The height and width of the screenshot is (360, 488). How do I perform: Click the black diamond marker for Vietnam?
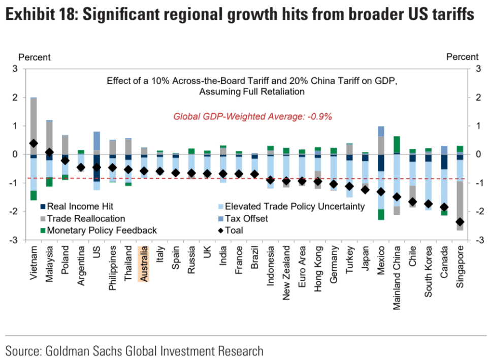point(34,144)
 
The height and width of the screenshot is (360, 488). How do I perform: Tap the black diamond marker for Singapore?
point(460,222)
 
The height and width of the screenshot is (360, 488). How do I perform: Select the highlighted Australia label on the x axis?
point(144,264)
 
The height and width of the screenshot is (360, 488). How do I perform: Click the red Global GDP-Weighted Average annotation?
point(252,116)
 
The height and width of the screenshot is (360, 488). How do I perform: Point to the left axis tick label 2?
point(16,97)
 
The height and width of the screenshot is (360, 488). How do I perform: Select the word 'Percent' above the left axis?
point(35,57)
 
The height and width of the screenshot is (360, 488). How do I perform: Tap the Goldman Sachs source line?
point(135,350)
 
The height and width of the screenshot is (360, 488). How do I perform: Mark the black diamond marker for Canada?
point(444,207)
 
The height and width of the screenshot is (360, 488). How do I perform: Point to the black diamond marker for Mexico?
point(381,192)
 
